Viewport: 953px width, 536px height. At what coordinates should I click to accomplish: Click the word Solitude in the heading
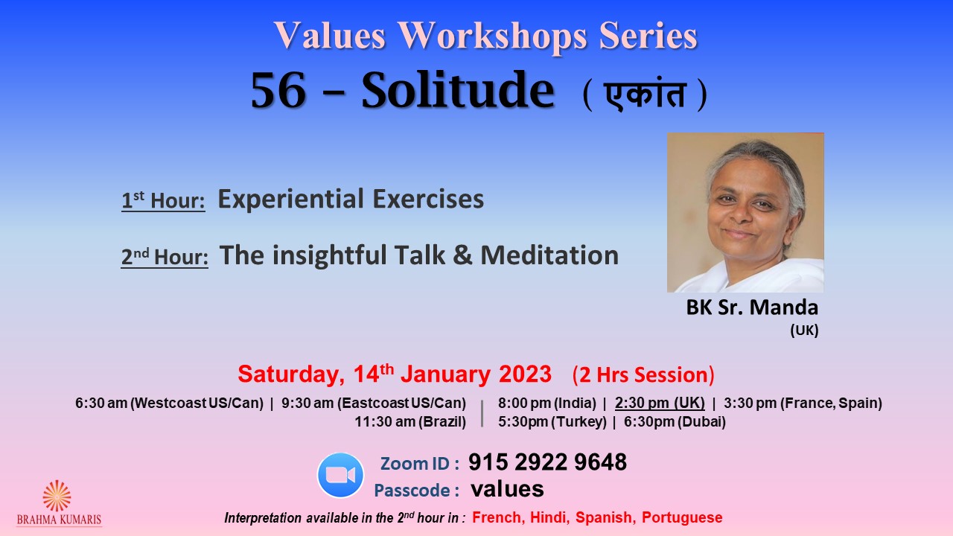[x=458, y=91]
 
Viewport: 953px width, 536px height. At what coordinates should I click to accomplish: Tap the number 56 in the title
[x=278, y=91]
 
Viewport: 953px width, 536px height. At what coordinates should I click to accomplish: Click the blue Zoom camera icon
[x=340, y=475]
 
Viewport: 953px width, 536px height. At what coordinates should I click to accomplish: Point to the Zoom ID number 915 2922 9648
[x=547, y=462]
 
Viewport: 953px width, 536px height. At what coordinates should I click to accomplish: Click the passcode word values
[x=507, y=489]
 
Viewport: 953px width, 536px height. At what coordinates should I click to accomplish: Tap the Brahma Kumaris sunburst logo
[x=57, y=496]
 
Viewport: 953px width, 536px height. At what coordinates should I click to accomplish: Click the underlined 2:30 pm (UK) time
[x=660, y=403]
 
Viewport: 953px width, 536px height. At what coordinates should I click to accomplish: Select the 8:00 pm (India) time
[x=547, y=403]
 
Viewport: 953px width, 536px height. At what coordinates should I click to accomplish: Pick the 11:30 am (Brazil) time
[x=410, y=421]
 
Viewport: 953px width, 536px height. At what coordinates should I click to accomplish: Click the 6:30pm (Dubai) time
[x=675, y=421]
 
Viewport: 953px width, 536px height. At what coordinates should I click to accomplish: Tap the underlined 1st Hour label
[x=163, y=200]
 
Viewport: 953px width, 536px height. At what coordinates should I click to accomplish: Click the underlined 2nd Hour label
[x=165, y=257]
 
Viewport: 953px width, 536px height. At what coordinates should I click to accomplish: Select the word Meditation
[x=549, y=255]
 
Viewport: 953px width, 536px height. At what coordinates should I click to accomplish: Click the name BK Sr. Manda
[x=752, y=307]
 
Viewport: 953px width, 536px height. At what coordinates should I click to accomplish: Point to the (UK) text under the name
[x=805, y=331]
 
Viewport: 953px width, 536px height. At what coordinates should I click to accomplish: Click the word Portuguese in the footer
[x=682, y=517]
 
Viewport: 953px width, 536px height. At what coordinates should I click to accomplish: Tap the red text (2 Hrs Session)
[x=643, y=374]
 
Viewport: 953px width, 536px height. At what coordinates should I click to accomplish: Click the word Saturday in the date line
[x=291, y=374]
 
